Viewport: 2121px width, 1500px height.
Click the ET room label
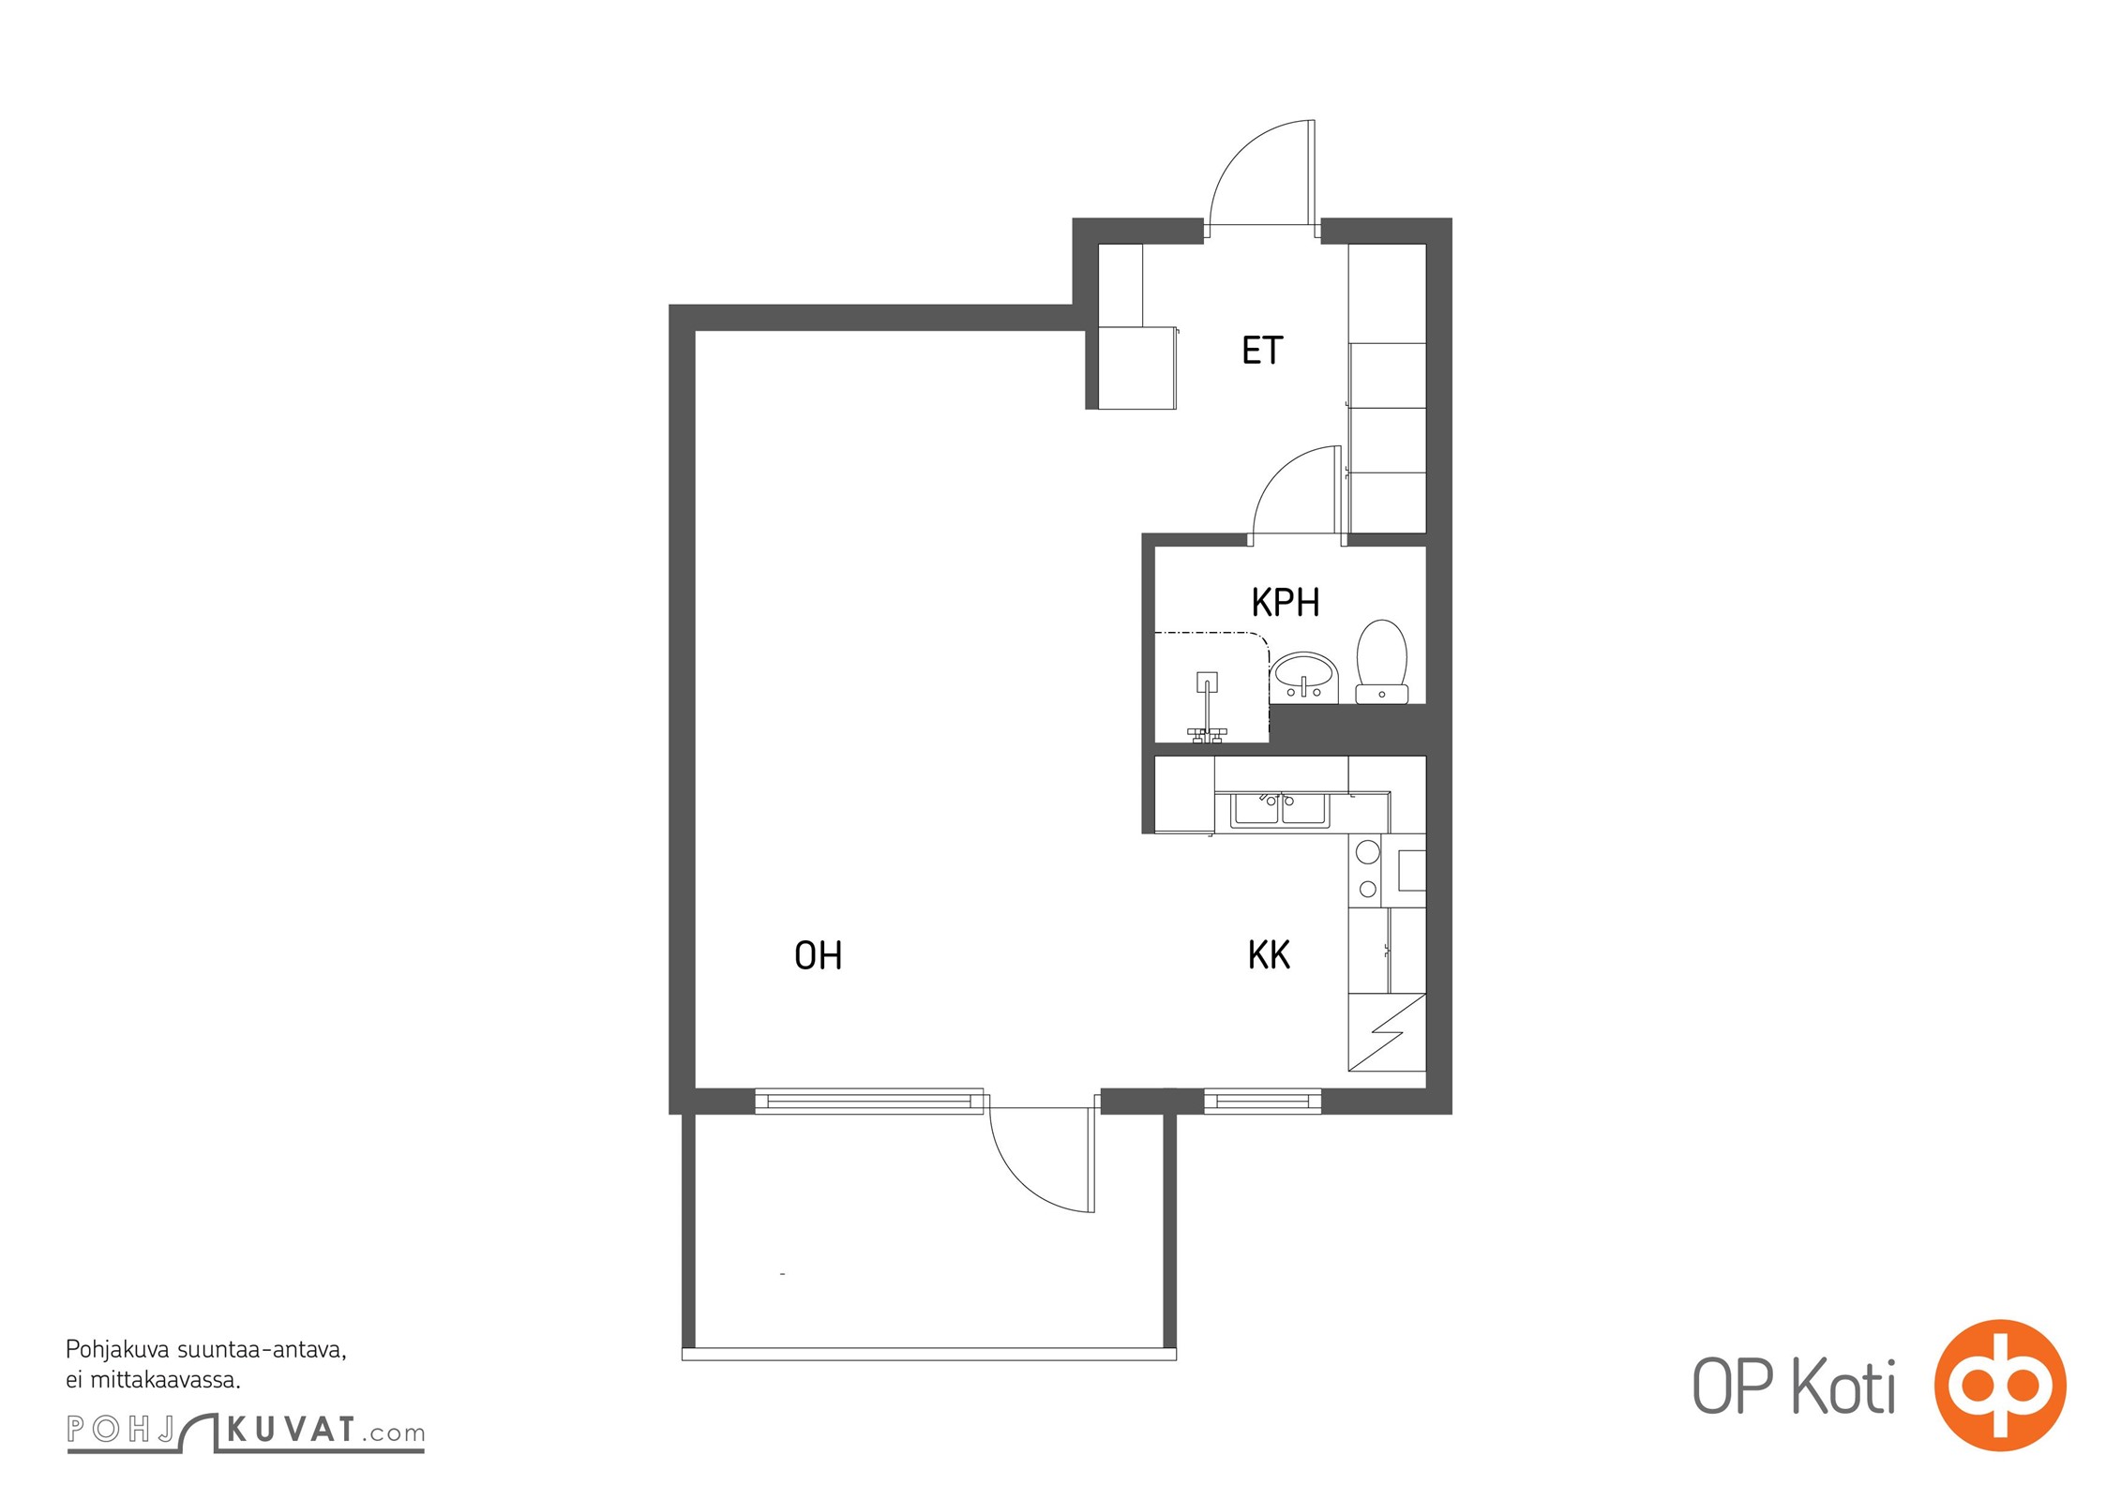(x=1262, y=351)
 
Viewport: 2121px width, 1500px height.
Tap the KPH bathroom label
(x=1286, y=603)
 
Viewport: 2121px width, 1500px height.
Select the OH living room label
(x=818, y=956)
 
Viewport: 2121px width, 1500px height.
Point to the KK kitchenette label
(x=1269, y=955)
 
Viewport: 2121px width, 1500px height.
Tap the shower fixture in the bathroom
(x=1206, y=708)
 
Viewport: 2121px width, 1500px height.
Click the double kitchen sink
(x=1280, y=810)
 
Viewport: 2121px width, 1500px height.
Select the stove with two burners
(x=1367, y=870)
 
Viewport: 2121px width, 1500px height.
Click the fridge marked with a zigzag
(x=1387, y=1032)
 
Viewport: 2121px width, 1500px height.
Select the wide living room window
(x=869, y=1101)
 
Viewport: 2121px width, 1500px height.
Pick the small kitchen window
(x=1262, y=1101)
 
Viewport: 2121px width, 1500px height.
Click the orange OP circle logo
(x=2000, y=1386)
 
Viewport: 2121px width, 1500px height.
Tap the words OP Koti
(x=1793, y=1387)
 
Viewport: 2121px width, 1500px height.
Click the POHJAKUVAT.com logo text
(x=246, y=1430)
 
